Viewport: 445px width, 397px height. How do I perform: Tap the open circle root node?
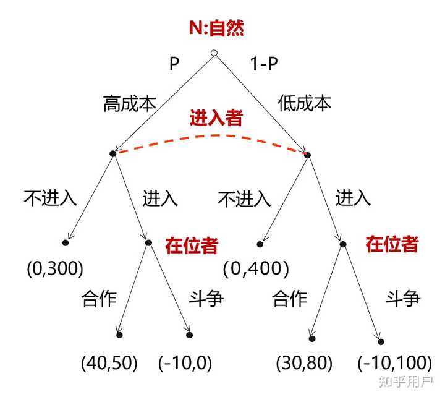tap(214, 54)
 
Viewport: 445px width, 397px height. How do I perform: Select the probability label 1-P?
tap(264, 64)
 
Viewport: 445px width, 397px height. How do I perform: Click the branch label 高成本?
tap(129, 103)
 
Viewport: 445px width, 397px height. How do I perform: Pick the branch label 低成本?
tap(305, 103)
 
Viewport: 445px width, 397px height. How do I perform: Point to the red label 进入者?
tap(216, 117)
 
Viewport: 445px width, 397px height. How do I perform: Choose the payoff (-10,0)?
tap(185, 363)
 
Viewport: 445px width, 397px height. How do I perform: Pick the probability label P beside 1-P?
tap(174, 64)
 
